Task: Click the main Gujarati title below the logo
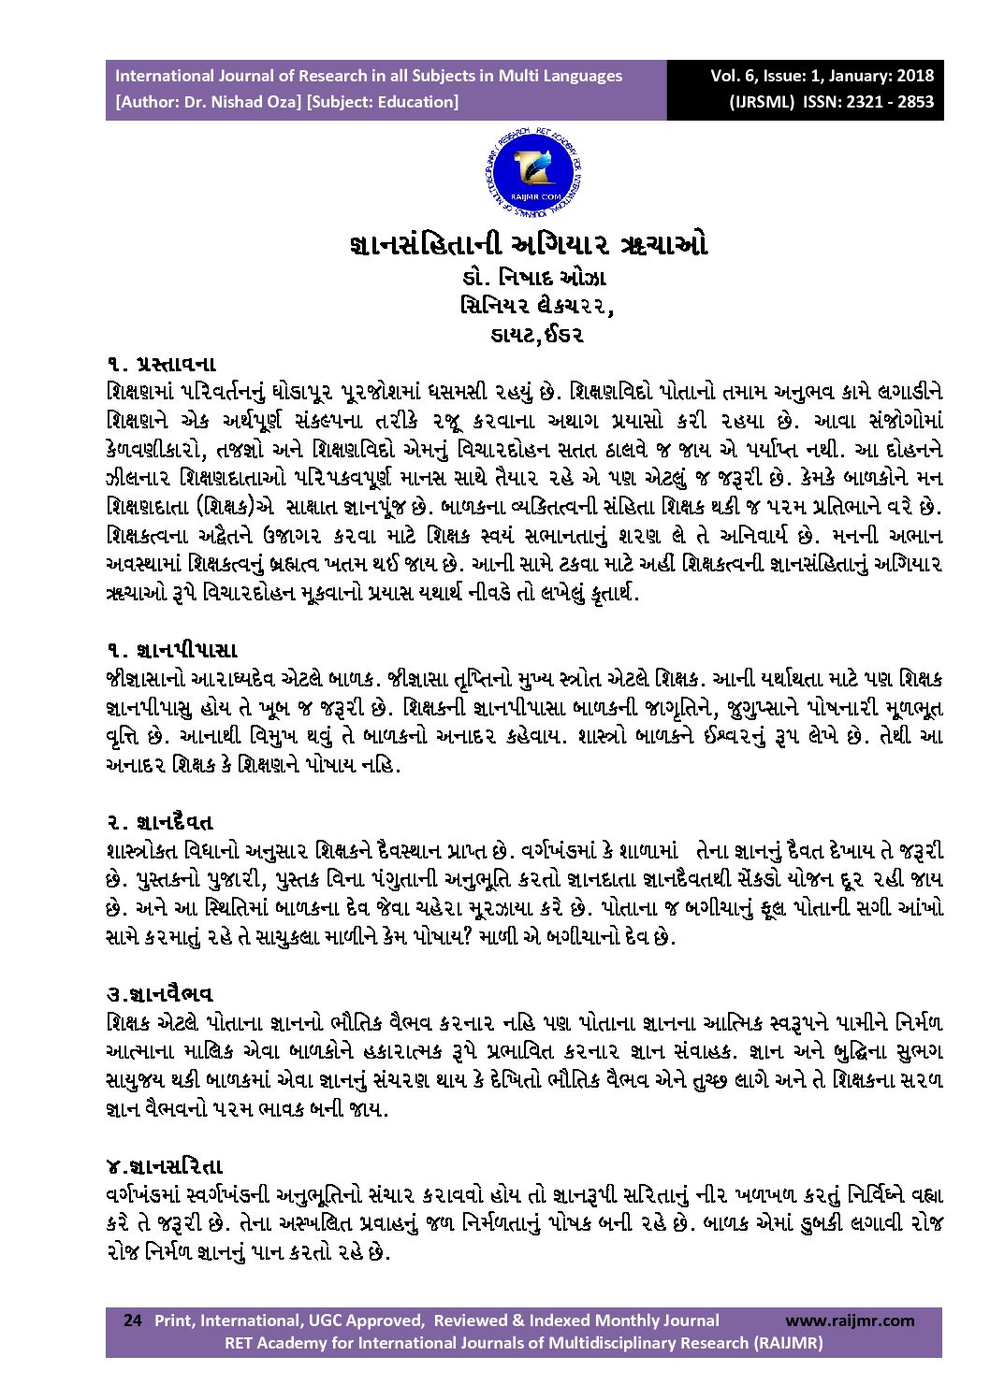[x=527, y=245]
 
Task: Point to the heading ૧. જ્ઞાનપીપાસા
[x=171, y=649]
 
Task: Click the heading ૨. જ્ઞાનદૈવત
[x=160, y=822]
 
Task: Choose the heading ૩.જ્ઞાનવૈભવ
[x=160, y=993]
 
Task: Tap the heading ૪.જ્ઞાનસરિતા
[x=165, y=1166]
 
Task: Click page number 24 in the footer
[x=133, y=1321]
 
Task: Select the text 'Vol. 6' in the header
[x=732, y=76]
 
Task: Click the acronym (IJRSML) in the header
[x=763, y=102]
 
